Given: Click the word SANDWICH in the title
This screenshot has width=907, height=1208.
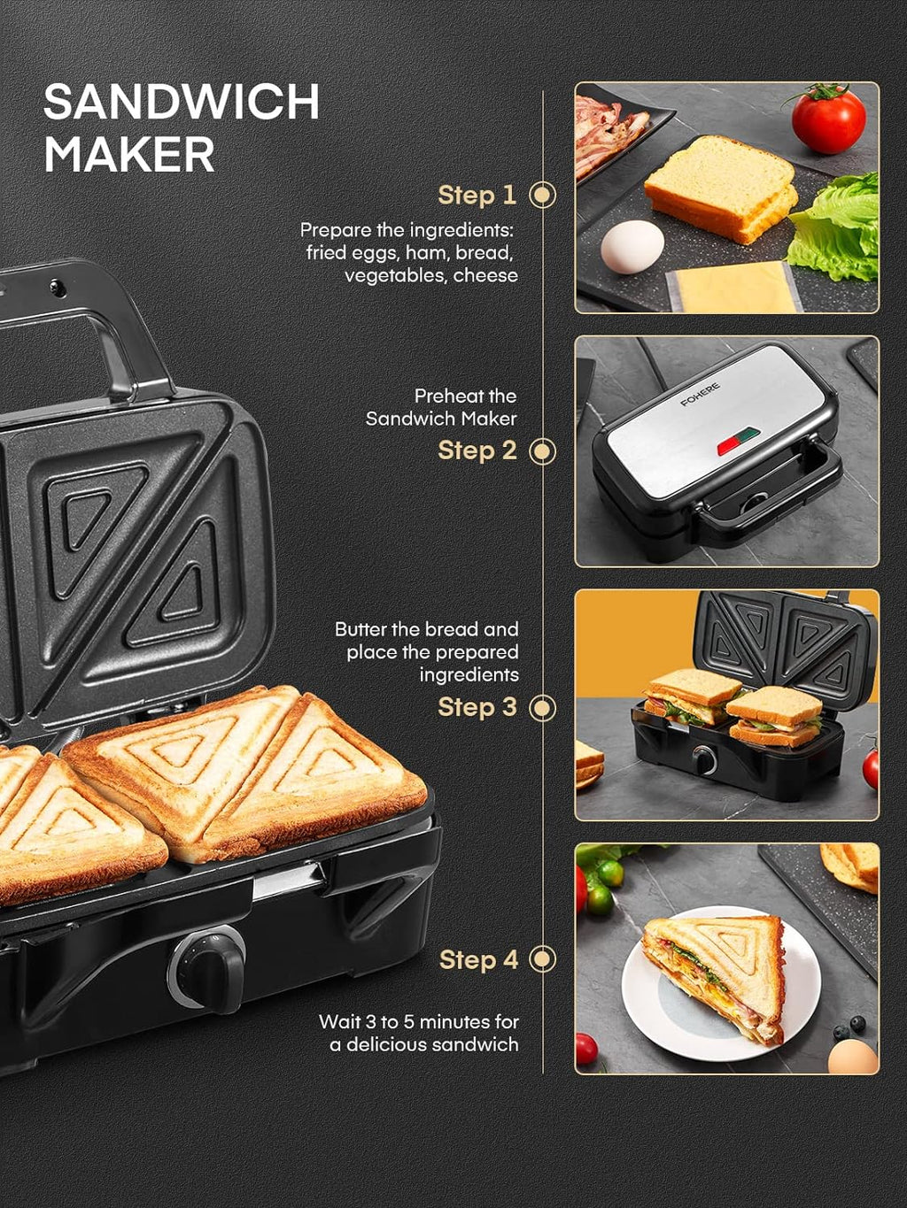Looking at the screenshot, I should [182, 102].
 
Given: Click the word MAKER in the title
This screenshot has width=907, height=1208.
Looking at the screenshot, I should [129, 155].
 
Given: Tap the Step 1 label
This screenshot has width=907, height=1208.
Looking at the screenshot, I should [477, 195].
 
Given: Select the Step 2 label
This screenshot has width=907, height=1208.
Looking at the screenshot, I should [477, 450].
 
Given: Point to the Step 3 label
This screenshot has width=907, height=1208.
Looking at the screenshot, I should [477, 707].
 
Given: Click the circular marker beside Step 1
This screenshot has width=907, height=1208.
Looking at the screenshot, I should [542, 195].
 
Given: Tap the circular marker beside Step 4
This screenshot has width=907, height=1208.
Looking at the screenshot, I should [542, 959].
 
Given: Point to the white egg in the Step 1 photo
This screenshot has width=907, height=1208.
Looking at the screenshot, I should [632, 246].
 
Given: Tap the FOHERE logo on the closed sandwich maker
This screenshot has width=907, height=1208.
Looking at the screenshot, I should [700, 395].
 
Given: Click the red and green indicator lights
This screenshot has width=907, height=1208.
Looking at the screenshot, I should [737, 440].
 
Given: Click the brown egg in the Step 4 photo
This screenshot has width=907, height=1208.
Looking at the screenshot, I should [851, 1056].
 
